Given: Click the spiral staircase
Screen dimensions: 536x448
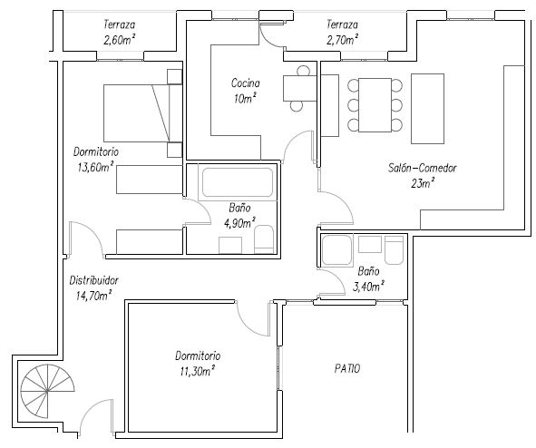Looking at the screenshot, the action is point(47,391).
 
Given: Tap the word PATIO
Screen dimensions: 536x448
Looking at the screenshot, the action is point(347,369).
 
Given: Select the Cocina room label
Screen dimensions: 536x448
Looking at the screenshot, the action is point(246,83).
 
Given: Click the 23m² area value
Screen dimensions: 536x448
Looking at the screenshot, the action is point(423,183).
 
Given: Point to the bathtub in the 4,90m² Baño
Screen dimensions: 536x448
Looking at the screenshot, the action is point(238,182).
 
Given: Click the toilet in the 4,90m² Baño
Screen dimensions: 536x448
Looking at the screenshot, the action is point(264,239).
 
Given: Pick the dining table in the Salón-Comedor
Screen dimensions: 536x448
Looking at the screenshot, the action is point(375,105).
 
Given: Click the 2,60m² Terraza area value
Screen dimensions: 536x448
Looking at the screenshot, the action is point(119,40).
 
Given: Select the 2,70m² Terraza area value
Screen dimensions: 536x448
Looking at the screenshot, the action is point(343,40).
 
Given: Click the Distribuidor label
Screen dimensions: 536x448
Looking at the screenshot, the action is point(94,280).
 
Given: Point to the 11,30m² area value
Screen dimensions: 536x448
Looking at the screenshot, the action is point(198,371).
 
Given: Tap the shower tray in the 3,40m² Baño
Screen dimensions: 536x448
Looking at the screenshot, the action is point(337,250).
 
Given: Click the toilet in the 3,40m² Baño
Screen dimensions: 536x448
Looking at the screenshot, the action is point(395,249).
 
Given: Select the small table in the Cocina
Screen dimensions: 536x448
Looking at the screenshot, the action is point(300,88).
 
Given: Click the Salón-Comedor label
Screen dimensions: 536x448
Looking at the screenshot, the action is point(423,168).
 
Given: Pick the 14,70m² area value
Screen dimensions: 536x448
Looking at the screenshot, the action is point(94,296).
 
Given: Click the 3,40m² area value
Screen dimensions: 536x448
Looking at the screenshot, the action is point(368,287).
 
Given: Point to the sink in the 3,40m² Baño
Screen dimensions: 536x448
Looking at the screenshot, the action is point(370,244).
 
